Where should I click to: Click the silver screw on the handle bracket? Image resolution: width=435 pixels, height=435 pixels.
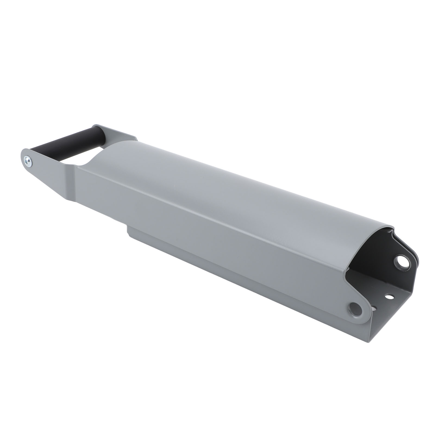(x=27, y=161)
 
